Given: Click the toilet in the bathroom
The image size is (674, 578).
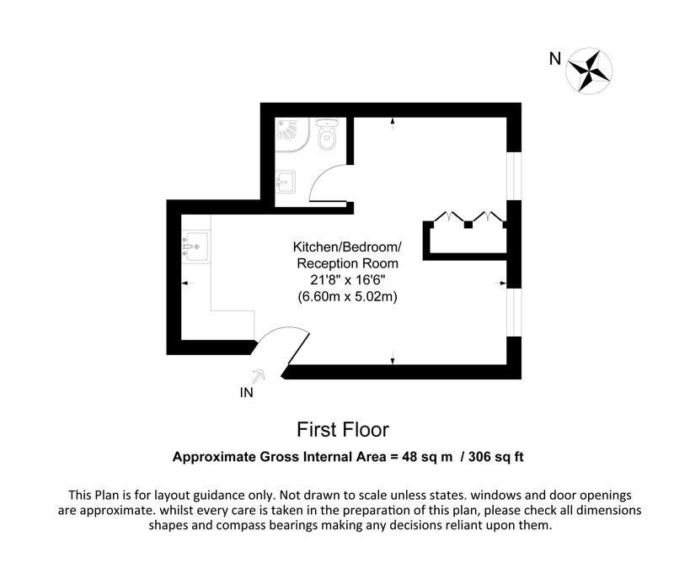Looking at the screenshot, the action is tap(328, 134).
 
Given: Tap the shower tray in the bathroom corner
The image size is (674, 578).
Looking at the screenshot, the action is tap(292, 135).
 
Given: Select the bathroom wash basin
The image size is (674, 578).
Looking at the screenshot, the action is tap(285, 182).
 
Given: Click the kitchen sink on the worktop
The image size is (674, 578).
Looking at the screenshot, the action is tap(196, 247).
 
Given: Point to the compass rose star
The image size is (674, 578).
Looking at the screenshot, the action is tap(588, 72).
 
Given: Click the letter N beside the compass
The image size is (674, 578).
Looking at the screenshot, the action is tap(555, 58).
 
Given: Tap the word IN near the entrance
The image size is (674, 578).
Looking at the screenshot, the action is tap(246, 393).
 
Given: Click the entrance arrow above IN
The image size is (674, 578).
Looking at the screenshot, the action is tap(258, 376).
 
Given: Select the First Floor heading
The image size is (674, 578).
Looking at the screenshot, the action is tap(343, 430).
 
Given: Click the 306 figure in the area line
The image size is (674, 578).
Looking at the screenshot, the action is tap(479, 457).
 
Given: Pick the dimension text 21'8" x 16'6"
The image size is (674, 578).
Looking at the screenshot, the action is tap(347, 280).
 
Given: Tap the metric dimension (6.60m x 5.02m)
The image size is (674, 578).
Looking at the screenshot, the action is tap(347, 296).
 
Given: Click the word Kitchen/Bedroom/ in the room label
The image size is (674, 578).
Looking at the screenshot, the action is tap(347, 247).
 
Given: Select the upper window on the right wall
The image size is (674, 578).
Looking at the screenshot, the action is tap(514, 176).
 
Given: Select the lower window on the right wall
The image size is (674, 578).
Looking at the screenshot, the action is tap(514, 312).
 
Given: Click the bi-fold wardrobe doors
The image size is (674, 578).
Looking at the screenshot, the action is tap(468, 217).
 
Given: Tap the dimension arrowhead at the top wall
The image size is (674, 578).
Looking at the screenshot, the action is tap(393, 122).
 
